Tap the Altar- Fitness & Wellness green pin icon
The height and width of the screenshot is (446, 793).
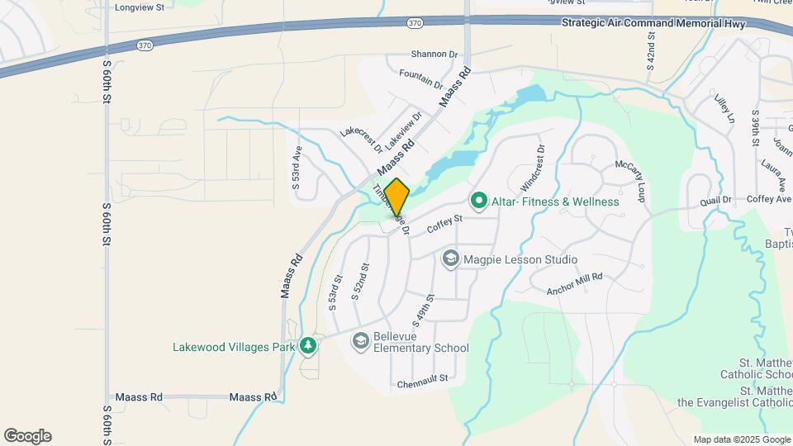(x=477, y=201)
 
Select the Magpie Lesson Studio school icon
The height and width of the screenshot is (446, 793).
(x=450, y=259)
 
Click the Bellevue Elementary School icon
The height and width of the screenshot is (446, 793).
(x=360, y=340)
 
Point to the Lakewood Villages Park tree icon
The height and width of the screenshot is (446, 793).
(x=308, y=345)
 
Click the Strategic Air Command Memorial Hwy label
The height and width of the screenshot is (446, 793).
(x=653, y=24)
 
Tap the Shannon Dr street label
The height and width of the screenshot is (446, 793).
(x=434, y=54)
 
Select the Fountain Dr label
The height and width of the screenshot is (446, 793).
(x=420, y=80)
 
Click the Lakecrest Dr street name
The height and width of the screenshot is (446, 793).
(x=361, y=140)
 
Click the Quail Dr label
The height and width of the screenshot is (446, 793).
(x=715, y=200)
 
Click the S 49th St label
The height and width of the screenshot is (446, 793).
(x=421, y=309)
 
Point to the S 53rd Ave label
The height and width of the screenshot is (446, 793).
(x=297, y=168)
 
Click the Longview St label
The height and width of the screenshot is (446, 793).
(x=140, y=7)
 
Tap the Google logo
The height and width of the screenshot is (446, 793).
(x=27, y=436)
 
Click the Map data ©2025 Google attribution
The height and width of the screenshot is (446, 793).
(x=740, y=440)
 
